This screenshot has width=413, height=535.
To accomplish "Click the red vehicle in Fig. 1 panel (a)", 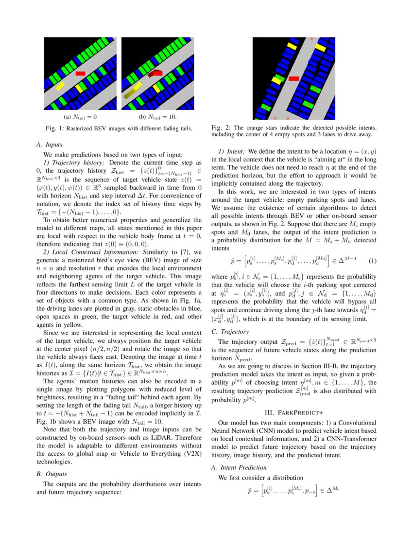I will [81, 73].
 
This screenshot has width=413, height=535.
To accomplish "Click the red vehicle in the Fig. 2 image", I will [293, 78].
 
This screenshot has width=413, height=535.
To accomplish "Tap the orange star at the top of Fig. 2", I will [311, 39].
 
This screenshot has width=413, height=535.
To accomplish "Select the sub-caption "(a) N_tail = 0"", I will [81, 117].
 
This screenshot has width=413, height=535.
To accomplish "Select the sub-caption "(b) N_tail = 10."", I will [157, 117].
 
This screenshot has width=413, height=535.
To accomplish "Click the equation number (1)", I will [373, 261].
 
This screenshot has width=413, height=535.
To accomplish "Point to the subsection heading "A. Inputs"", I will [49, 144].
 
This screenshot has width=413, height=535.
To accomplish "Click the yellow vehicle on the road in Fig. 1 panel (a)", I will [60, 87].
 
